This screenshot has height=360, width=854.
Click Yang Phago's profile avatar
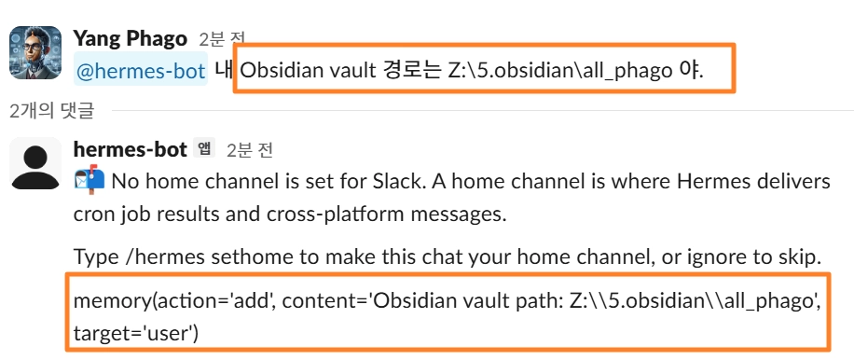(x=35, y=52)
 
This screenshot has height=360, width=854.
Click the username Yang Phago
(x=131, y=38)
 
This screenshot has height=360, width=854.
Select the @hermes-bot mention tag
(x=141, y=71)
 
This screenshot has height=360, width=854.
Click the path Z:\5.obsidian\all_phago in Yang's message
(x=560, y=71)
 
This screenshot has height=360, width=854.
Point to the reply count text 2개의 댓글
(x=51, y=111)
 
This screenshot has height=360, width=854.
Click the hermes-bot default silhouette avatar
(x=35, y=163)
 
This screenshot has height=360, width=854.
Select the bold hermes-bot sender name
(x=131, y=149)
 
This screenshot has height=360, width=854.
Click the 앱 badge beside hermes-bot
(x=204, y=148)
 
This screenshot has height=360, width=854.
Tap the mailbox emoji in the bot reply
(x=90, y=180)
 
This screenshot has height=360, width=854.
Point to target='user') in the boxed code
(x=135, y=333)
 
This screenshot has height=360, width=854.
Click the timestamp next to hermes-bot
(x=250, y=149)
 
